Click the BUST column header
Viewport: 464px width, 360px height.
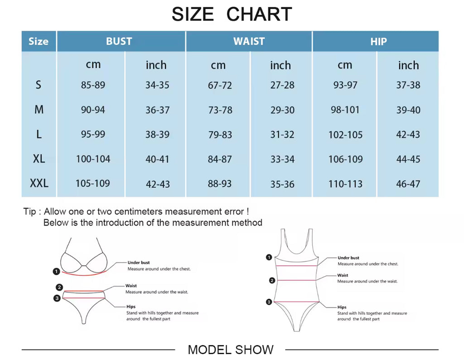[x=119, y=41]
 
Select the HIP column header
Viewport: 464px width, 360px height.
[x=378, y=42]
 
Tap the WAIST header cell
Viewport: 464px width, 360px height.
[x=249, y=41]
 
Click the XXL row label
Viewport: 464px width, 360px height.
[x=39, y=183]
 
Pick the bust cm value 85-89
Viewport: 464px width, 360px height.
[x=93, y=85]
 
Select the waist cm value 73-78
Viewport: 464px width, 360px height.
[x=220, y=110]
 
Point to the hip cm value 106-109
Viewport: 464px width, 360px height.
[x=345, y=159]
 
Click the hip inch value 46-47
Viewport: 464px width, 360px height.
[x=408, y=184]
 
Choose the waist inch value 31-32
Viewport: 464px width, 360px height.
[x=282, y=134]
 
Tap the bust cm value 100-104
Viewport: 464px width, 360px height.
[x=93, y=159]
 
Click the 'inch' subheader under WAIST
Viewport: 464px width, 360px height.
[x=280, y=65]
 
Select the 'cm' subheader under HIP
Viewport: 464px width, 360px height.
[x=345, y=65]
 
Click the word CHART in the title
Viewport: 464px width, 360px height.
[x=259, y=14]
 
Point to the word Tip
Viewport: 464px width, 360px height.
[x=29, y=211]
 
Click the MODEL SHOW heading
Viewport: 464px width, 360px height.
[x=231, y=350]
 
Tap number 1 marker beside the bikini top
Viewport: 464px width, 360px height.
[x=56, y=272]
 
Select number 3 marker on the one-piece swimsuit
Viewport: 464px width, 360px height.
[x=269, y=302]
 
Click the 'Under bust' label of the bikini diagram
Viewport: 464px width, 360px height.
[x=139, y=263]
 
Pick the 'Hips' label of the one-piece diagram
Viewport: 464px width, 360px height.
[x=342, y=307]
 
